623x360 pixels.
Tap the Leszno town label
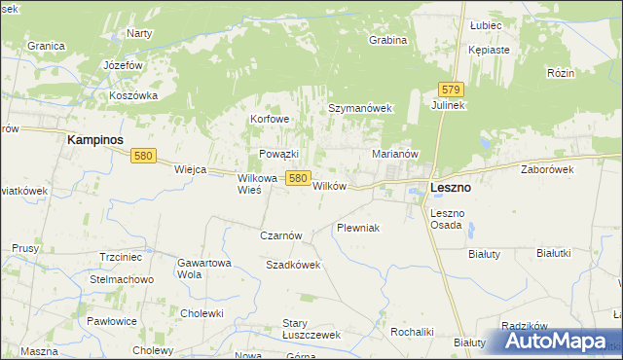[451, 188]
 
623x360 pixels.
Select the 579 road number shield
[449, 89]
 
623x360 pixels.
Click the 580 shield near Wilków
[298, 178]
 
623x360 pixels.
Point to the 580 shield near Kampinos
[144, 156]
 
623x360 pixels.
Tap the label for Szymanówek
[359, 108]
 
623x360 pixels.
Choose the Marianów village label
[395, 154]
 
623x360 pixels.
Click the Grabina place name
[387, 40]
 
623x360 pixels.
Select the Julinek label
[449, 105]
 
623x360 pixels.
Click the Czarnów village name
[282, 235]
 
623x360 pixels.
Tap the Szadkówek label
[293, 265]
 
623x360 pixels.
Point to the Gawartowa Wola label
[203, 268]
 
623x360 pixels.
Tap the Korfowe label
[271, 119]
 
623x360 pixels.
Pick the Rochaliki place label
[412, 331]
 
